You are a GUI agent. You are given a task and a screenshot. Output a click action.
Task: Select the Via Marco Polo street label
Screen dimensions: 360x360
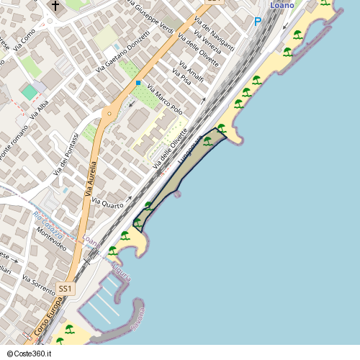(x=164, y=101)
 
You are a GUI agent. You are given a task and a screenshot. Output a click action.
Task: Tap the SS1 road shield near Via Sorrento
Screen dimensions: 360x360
(x=66, y=289)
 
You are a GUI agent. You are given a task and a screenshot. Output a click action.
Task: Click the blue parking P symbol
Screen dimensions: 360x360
(x=258, y=22)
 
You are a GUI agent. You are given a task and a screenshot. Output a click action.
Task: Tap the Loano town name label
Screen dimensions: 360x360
(x=282, y=6)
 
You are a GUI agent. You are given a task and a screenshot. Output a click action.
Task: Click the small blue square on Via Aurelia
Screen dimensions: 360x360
(x=138, y=83)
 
